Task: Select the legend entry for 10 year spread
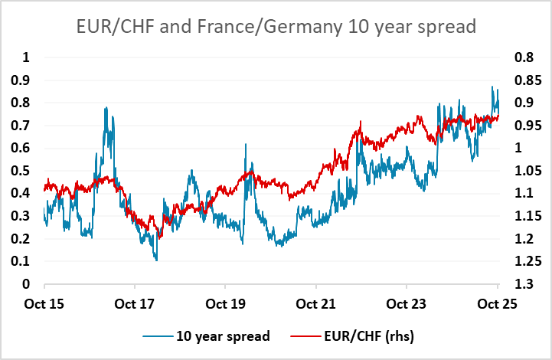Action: pos(222,335)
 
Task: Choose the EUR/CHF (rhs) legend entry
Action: pos(355,335)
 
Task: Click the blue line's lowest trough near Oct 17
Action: pos(157,260)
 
